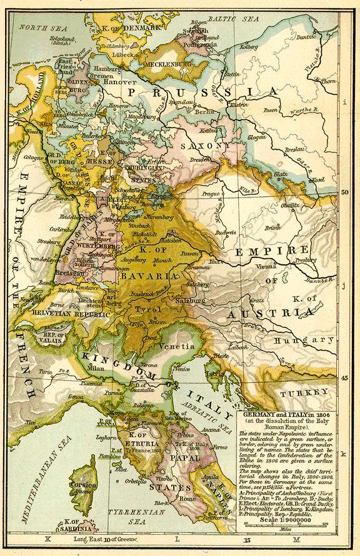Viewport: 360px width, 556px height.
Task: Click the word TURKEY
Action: pos(304,393)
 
